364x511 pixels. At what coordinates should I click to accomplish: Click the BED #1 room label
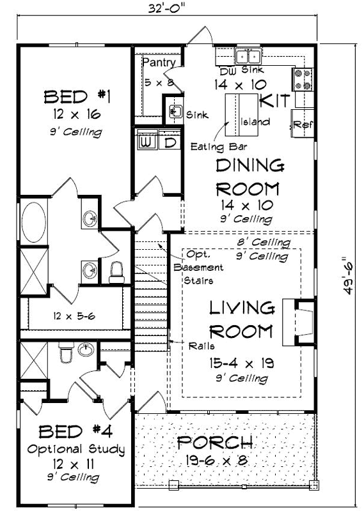click(x=77, y=97)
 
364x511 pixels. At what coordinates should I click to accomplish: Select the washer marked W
click(x=146, y=141)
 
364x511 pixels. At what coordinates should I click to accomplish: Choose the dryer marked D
click(x=170, y=142)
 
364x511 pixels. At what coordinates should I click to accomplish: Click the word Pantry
click(x=155, y=63)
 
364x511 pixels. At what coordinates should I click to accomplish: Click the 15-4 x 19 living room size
click(x=241, y=363)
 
